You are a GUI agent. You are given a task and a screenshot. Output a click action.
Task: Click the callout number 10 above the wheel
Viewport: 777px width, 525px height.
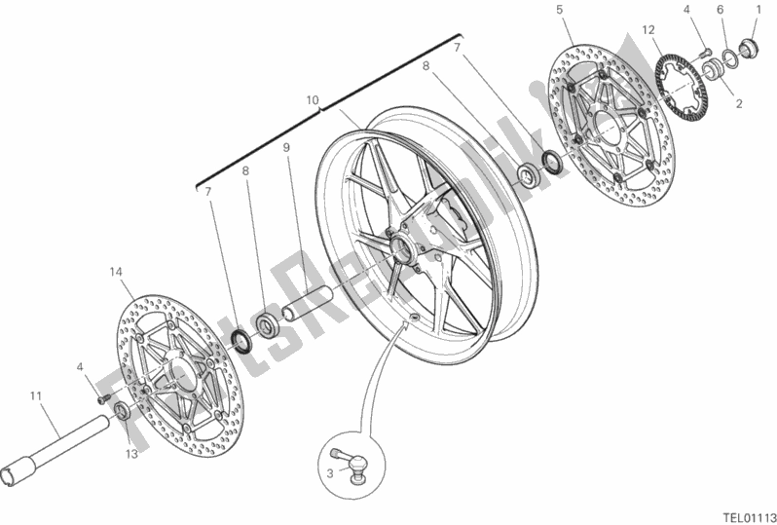pos(313,100)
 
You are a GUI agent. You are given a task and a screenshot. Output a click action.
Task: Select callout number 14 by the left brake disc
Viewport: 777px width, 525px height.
pos(116,272)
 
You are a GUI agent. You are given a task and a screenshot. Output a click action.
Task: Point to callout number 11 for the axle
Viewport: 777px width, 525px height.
pos(35,396)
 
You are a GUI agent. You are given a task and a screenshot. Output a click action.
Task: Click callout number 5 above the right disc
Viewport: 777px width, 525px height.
pos(560,10)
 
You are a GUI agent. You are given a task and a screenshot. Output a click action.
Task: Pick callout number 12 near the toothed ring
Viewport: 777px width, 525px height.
pos(648,30)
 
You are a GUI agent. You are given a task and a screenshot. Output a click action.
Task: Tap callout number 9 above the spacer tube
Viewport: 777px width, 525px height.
pos(286,147)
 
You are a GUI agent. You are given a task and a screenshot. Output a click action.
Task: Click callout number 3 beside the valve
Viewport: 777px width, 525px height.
pos(330,473)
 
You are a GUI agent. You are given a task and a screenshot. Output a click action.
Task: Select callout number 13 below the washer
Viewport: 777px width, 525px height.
pos(131,454)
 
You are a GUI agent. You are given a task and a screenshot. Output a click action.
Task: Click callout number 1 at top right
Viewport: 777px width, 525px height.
pos(758,9)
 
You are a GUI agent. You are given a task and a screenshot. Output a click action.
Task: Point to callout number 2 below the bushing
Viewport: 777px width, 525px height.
pos(739,103)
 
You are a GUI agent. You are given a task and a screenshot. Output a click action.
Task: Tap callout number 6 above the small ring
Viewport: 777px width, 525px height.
pos(720,10)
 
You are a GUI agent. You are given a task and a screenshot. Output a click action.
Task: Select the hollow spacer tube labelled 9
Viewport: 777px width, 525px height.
pos(307,302)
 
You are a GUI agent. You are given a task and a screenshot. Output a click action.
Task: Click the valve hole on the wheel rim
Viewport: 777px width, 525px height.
pos(415,317)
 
